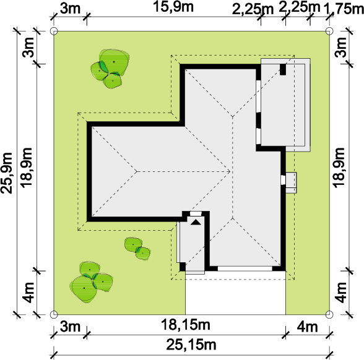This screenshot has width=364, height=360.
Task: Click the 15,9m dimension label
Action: point(173,7)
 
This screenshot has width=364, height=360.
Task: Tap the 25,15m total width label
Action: point(191,345)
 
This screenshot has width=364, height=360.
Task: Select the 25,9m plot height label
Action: point(6,173)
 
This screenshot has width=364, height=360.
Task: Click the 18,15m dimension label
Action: point(185,325)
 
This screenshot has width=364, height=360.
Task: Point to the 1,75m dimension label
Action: point(344,9)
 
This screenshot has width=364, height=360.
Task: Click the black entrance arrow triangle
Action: point(196,222)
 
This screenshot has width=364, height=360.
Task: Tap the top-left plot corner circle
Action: point(54,31)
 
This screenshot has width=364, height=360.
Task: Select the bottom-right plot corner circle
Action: point(329,314)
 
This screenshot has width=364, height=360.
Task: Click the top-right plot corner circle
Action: point(329,31)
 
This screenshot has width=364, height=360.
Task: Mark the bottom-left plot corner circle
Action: point(54,314)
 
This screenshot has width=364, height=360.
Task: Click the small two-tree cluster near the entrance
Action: point(137,249)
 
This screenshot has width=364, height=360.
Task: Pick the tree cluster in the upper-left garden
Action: point(110,69)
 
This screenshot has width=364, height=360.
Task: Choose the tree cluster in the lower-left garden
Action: point(91,282)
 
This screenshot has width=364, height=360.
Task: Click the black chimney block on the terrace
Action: point(283,69)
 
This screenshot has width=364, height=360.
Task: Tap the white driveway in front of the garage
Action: point(235,293)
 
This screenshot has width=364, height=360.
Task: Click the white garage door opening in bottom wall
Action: point(245,268)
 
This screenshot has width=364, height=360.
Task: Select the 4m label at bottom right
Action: point(307,327)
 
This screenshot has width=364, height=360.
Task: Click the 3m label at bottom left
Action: point(70,327)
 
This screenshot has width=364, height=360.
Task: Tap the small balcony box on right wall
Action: point(291,182)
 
